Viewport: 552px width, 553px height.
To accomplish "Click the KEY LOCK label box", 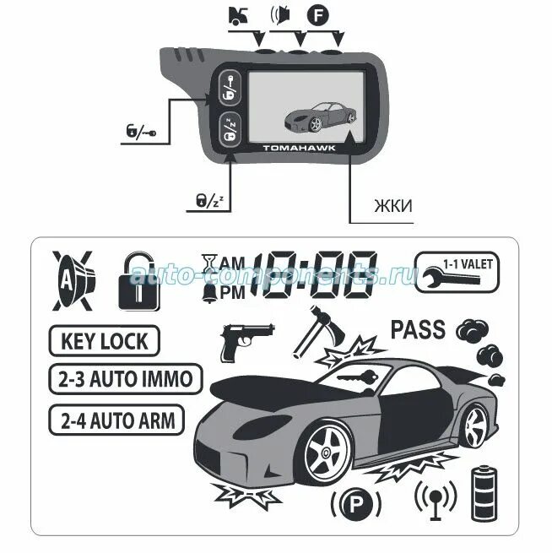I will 104,342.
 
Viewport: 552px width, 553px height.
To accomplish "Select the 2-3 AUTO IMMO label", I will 125,379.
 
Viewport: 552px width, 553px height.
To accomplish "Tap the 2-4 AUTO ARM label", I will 116,420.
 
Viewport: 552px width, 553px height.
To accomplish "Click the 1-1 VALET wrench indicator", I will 455,271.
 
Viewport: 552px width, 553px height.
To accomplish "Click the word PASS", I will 418,329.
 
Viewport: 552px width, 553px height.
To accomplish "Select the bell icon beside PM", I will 207,292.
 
